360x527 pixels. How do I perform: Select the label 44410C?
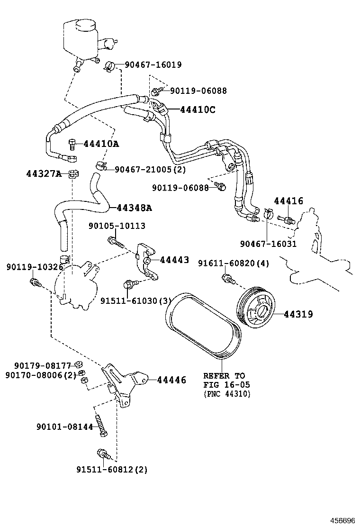(198, 110)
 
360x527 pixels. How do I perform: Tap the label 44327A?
(44, 173)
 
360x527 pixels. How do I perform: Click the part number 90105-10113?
(117, 227)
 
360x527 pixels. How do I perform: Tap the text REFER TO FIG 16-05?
(226, 380)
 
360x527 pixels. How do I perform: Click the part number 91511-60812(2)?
(112, 470)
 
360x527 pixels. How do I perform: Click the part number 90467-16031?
(268, 244)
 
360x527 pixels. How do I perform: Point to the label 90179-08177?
(42, 365)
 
